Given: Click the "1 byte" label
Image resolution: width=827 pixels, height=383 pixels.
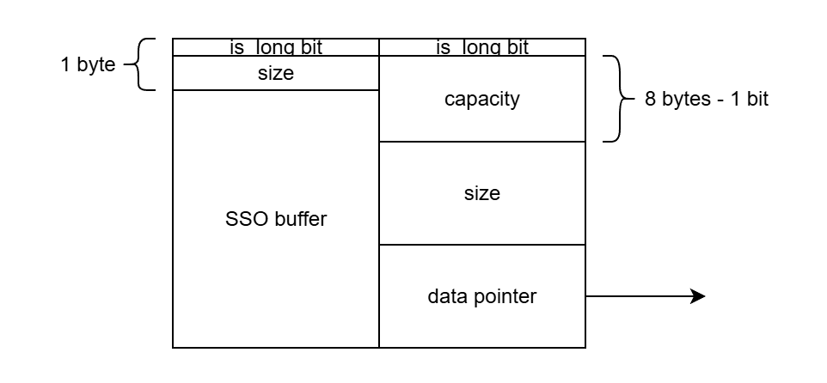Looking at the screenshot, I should (88, 64).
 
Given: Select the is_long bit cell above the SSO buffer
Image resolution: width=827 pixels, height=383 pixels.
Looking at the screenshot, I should (275, 47).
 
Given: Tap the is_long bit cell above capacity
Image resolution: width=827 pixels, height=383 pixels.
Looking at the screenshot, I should (481, 47).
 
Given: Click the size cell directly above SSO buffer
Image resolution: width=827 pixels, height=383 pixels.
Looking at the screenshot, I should (275, 74).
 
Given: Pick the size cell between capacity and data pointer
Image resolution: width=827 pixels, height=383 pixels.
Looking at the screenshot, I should (481, 193).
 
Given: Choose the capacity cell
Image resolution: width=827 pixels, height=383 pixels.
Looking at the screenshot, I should (481, 99).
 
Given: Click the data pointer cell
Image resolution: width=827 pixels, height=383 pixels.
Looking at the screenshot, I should (481, 296).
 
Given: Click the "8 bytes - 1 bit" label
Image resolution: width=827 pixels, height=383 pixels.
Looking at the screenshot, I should (706, 99).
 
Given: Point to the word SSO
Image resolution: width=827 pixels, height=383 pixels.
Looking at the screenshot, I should (243, 219).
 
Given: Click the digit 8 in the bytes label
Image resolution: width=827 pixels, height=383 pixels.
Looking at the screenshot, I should (650, 99).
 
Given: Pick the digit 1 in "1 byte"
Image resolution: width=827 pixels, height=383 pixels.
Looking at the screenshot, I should (65, 64).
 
